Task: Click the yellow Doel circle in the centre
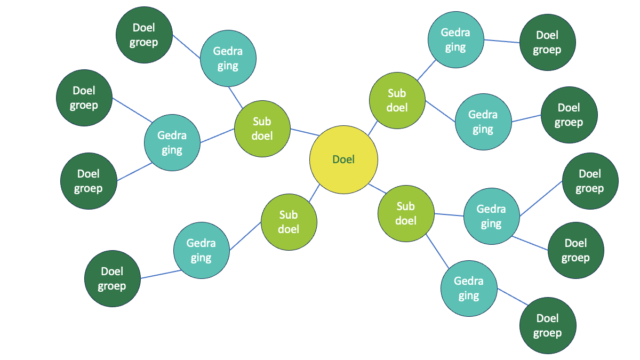coord(343,159)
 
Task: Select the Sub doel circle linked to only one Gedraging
coord(289,222)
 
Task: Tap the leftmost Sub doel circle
coord(262,129)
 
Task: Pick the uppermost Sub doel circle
coord(397,100)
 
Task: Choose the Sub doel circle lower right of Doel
coord(405,213)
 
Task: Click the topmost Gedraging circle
coord(455,40)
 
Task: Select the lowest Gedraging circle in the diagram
coord(468,288)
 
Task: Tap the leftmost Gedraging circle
coord(172,143)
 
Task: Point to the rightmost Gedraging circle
coord(491,217)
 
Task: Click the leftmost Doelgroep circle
coord(84,98)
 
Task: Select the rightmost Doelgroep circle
coord(589,181)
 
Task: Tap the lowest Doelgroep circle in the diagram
coord(547,325)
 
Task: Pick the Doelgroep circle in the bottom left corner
coord(112,279)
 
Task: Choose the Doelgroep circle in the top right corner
coord(547,43)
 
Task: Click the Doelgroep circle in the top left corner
coord(143,35)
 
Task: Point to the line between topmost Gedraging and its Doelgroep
coord(502,42)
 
